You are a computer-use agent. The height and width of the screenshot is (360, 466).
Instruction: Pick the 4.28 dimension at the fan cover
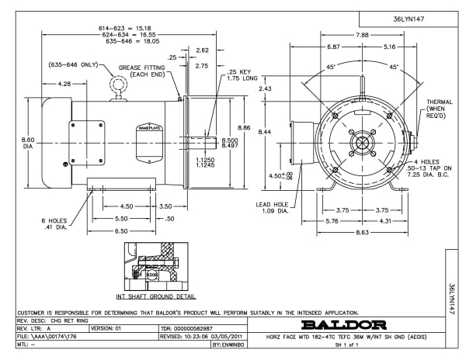(x=64, y=84)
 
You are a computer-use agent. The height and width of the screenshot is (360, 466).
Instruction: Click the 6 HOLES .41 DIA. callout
(x=56, y=223)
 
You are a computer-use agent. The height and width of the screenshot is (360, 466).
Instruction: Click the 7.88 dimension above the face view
(x=362, y=35)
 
